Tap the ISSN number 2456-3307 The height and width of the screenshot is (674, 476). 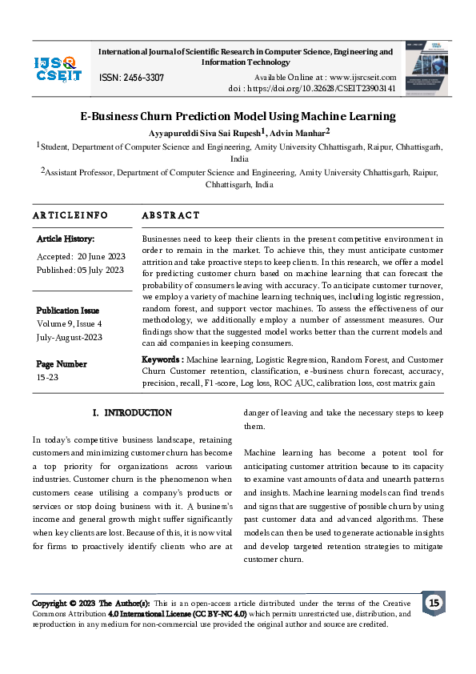coord(131,78)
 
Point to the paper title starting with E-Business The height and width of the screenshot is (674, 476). coord(238,116)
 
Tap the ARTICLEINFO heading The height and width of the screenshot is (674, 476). coord(70,215)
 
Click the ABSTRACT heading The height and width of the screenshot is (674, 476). coord(170,215)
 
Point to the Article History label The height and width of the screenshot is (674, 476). coord(66,239)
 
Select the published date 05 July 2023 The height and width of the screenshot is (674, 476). coord(99,270)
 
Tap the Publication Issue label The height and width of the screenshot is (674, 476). coord(68,311)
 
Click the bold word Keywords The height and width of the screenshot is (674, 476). coord(162,359)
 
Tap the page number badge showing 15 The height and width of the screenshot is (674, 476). coord(434,603)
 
